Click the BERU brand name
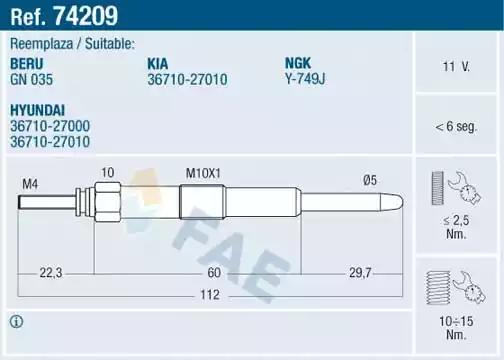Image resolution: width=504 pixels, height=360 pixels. (28, 62)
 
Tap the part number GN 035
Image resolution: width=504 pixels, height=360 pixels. (31, 77)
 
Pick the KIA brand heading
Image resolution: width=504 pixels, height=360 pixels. (160, 62)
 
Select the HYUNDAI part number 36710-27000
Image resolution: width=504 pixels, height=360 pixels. (51, 126)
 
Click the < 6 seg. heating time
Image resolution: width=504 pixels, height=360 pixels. (456, 127)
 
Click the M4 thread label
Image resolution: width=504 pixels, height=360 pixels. (30, 183)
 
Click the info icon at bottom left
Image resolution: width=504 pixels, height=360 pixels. (17, 321)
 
